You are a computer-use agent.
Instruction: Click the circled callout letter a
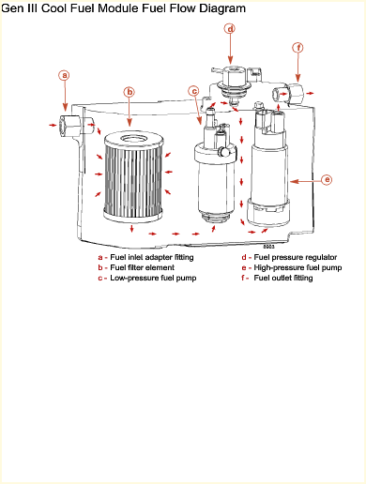point(65,75)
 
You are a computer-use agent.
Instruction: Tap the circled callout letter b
point(130,92)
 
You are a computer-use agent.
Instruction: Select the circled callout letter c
point(194,91)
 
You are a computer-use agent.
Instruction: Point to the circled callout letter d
point(230,29)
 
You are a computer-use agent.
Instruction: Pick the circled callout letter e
point(327,180)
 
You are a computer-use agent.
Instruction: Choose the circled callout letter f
point(298,48)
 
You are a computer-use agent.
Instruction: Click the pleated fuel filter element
point(133,175)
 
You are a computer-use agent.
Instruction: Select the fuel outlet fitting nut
point(296,93)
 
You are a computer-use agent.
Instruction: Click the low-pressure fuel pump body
point(215,175)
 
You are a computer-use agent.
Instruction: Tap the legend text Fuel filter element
point(142,267)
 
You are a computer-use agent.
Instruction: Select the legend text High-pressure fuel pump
point(297,267)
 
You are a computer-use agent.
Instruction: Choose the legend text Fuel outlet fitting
point(283,278)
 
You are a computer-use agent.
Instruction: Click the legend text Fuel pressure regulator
point(296,257)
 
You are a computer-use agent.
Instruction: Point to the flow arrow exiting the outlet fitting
point(310,93)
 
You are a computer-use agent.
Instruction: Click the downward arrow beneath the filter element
point(131,228)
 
